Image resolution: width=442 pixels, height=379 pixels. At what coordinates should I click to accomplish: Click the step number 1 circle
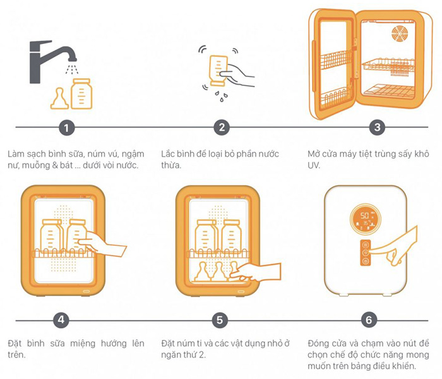coord(66,128)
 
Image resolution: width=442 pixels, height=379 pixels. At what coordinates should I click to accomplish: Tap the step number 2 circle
coord(222,127)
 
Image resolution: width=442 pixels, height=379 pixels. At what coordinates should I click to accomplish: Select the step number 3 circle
coord(377,127)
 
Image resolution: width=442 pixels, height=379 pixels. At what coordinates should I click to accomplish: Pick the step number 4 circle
coord(61,320)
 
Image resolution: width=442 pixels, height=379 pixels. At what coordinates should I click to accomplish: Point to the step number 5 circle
coord(220,320)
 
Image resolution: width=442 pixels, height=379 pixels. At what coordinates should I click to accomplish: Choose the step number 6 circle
coord(369,320)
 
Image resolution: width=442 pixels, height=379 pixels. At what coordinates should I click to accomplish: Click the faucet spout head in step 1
coord(73,59)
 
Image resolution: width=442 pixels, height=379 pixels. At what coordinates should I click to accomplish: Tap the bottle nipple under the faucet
coord(59,99)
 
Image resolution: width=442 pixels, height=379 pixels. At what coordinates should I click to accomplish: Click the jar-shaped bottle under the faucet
coord(81,94)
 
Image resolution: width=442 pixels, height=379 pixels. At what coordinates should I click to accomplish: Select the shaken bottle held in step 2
coord(218,71)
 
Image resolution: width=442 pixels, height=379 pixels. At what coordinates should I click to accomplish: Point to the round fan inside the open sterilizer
coord(400,33)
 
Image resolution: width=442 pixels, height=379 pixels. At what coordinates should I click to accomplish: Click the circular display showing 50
coord(366,219)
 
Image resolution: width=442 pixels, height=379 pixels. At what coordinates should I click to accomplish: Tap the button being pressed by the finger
coord(366,253)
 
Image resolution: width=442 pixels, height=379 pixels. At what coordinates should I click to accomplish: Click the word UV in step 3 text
coord(314,165)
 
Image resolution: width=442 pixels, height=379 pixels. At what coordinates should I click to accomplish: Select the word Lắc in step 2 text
coord(168,153)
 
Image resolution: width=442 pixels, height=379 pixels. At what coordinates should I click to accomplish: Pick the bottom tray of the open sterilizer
coord(390,92)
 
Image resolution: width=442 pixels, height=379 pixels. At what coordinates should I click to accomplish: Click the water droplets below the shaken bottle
coord(221,97)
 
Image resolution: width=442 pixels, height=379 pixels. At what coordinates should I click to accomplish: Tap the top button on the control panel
coord(366,244)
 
